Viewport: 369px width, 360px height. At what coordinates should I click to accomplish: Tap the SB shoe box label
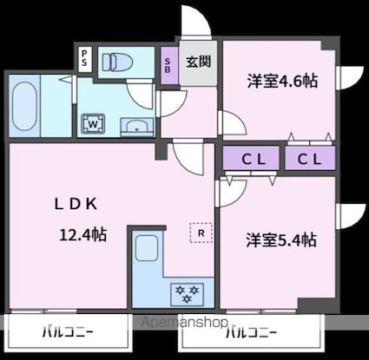(x=168, y=64)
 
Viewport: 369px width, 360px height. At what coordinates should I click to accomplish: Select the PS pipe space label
(x=84, y=59)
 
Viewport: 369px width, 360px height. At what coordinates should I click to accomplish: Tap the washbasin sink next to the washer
(x=135, y=128)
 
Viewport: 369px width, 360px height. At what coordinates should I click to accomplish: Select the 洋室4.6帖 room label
(x=281, y=82)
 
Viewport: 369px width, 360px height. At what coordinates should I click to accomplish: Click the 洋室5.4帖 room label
(x=280, y=239)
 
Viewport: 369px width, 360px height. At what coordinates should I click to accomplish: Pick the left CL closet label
(x=253, y=159)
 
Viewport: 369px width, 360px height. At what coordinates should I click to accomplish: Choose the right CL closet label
(x=309, y=159)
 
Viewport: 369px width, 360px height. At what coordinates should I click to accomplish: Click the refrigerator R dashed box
(x=200, y=232)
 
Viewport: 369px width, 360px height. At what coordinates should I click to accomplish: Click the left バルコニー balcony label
(x=68, y=331)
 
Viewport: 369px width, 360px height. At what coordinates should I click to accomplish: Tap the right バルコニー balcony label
(x=251, y=331)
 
